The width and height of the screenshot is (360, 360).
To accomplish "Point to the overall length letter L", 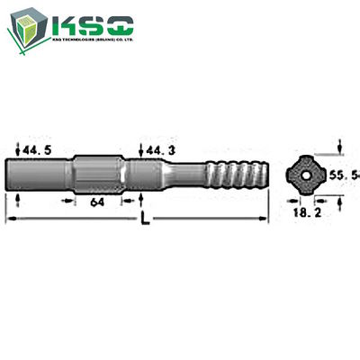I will [147, 219].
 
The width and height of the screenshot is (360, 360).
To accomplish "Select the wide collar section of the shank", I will [97, 170].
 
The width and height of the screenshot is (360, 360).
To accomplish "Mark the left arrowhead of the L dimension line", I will [10, 220].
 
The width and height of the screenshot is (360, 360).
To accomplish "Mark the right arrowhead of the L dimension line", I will [266, 220].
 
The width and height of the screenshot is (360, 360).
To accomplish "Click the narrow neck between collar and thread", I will [184, 170].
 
